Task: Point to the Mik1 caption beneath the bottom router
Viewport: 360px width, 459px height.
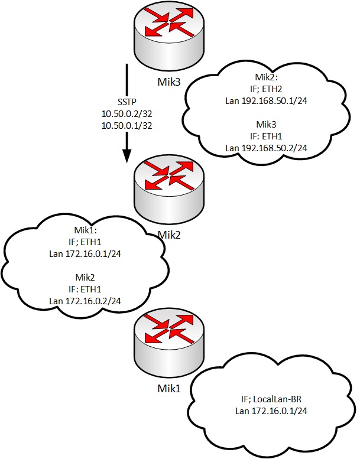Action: point(170,390)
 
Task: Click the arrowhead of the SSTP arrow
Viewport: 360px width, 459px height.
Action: point(127,155)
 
